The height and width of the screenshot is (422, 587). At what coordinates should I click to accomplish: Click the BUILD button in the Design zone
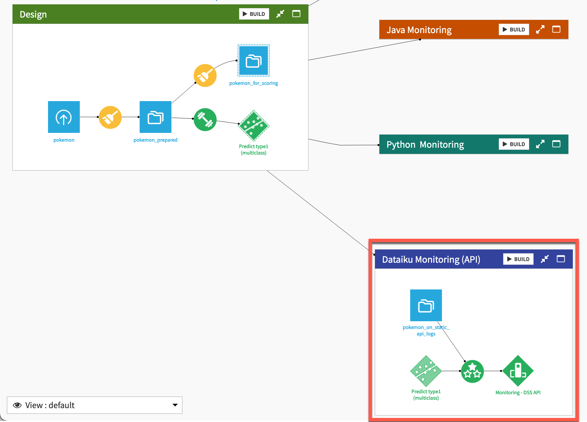pos(254,14)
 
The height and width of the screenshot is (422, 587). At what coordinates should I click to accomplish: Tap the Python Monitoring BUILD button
pos(514,144)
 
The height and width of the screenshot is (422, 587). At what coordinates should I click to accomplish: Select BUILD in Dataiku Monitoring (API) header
pos(518,259)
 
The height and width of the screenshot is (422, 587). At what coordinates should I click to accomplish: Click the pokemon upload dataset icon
pos(64,117)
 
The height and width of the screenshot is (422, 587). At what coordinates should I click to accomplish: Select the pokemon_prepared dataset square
pos(156,117)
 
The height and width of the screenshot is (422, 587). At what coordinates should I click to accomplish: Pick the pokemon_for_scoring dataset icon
pos(254,61)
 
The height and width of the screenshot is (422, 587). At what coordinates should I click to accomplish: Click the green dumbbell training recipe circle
pos(205,119)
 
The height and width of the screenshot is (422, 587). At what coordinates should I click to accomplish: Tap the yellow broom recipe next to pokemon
pos(110,117)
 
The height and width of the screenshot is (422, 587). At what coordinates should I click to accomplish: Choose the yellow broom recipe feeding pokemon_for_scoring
pos(205,75)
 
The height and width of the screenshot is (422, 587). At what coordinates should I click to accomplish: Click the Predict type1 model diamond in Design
pos(254,125)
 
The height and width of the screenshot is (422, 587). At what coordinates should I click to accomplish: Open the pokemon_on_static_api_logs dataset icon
pos(426,305)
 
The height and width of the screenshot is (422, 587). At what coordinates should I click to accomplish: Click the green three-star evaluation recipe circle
pos(472,371)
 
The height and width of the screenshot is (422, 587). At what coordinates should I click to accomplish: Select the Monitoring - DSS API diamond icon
pos(518,371)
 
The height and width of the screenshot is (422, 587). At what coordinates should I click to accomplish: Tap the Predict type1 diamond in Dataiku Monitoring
pos(426,371)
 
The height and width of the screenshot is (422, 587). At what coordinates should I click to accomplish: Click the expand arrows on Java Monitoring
pos(540,29)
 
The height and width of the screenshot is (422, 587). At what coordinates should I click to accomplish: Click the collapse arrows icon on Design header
pos(280,14)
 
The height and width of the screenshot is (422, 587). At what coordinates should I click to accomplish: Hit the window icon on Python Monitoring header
pos(556,144)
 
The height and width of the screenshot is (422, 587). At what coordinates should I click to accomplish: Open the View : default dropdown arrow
pos(175,405)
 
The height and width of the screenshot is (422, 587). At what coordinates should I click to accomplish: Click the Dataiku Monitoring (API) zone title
pos(431,259)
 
